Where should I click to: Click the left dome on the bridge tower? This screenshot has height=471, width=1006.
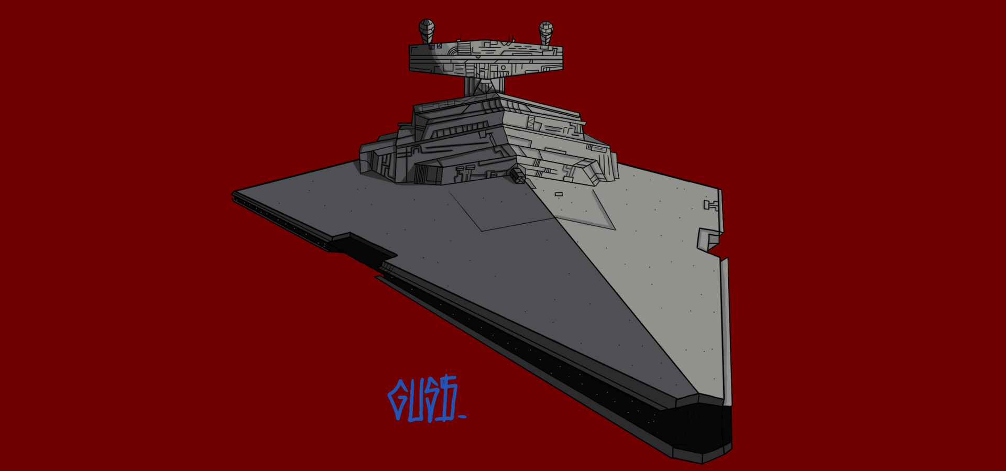(x=427, y=30)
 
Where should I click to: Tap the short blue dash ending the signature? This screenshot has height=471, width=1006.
(x=462, y=417)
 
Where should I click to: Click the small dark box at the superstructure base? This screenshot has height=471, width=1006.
(x=518, y=176)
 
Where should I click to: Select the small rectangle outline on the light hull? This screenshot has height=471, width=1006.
(x=559, y=194)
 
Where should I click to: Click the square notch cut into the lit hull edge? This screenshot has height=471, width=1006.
(x=710, y=240)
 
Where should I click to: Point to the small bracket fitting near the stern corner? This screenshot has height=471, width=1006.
(x=710, y=205)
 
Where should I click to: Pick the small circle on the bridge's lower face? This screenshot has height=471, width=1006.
(x=504, y=67)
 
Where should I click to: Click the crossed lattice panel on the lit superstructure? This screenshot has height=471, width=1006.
(x=531, y=124)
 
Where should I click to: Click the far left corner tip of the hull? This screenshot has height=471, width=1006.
(x=233, y=194)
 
